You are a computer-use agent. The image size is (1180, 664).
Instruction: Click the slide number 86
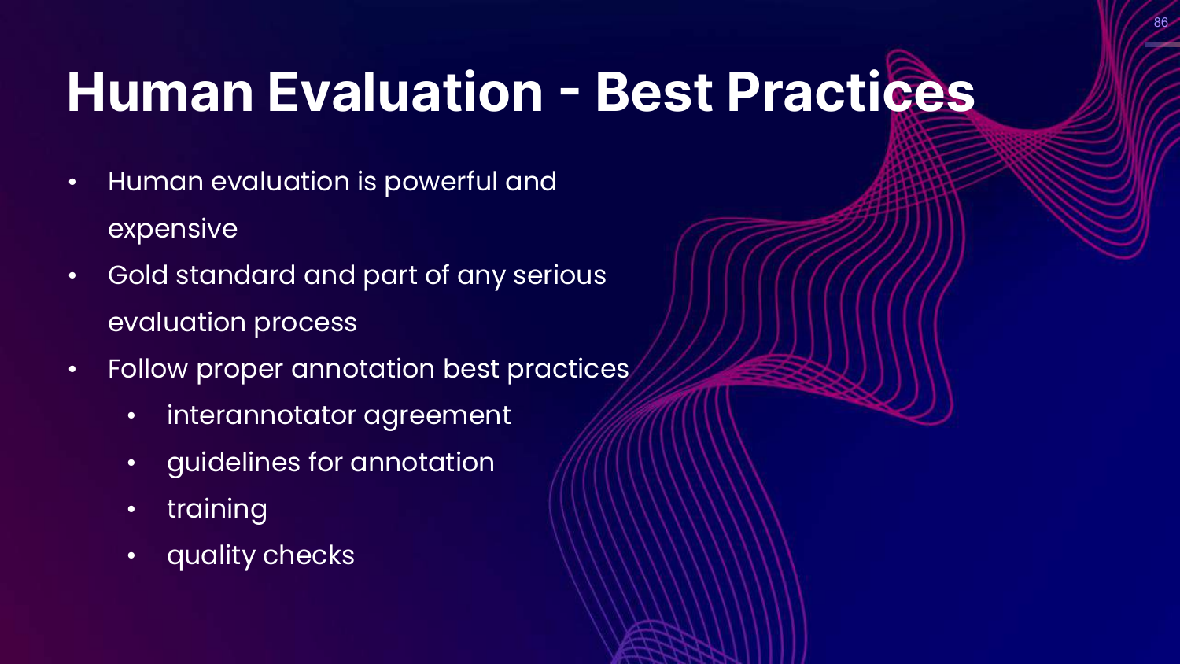(x=1161, y=22)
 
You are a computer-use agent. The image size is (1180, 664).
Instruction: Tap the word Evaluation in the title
(x=405, y=92)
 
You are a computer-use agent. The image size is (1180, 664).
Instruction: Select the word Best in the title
(x=654, y=92)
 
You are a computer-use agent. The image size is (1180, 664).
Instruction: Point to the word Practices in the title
(x=850, y=92)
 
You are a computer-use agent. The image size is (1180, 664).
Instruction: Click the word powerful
(x=441, y=183)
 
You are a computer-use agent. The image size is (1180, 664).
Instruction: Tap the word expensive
(x=173, y=229)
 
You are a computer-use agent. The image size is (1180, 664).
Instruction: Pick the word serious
(x=559, y=275)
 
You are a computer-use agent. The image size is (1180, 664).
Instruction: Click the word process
(x=305, y=323)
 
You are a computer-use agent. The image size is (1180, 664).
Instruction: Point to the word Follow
(x=148, y=368)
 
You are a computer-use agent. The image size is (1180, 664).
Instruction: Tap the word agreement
(x=437, y=416)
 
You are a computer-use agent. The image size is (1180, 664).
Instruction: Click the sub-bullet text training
(x=217, y=510)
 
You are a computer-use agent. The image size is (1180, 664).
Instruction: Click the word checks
(x=308, y=555)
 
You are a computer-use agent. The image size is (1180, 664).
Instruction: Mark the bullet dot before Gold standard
(x=72, y=275)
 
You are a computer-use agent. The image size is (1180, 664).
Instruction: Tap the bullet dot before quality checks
(x=131, y=556)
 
